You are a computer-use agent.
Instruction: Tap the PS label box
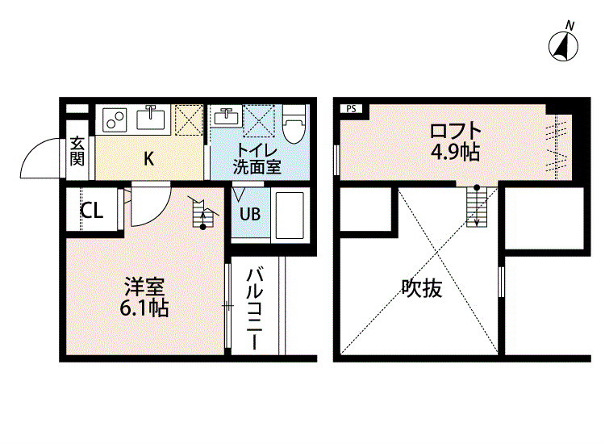click(x=351, y=109)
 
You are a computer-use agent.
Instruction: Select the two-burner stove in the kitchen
click(x=115, y=119)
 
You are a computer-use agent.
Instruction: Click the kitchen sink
click(x=151, y=117)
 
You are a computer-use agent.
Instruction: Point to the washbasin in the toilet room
click(x=227, y=115)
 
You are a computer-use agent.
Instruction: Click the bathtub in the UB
click(x=290, y=216)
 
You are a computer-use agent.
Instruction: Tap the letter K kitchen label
click(x=149, y=158)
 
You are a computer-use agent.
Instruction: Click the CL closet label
click(x=92, y=211)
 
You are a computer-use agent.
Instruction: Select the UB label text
click(x=250, y=214)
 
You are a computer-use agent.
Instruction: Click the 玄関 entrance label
click(x=77, y=151)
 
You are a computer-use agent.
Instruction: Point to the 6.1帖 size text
click(x=144, y=308)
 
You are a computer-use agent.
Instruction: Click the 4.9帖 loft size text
click(x=455, y=152)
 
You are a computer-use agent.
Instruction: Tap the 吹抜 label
click(x=422, y=288)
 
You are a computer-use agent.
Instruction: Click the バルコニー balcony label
click(x=254, y=309)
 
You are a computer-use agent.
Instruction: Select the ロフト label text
click(x=455, y=132)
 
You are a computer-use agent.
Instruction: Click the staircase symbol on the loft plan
click(x=477, y=206)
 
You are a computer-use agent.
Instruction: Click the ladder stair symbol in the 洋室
click(x=203, y=213)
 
